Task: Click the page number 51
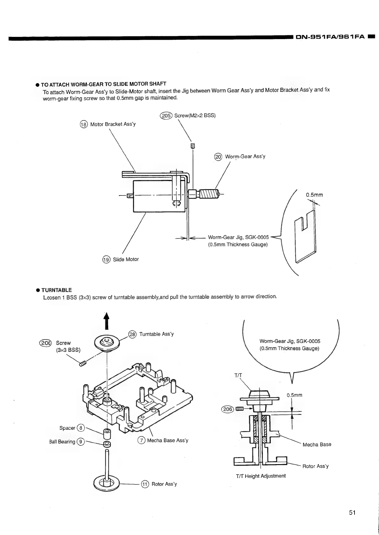[352, 512]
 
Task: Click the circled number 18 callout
[84, 124]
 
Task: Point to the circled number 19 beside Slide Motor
[106, 259]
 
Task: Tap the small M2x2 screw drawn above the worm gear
[192, 146]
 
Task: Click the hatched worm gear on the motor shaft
[208, 193]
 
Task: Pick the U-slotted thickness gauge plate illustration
[306, 237]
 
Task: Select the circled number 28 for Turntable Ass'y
[132, 334]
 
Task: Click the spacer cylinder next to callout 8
[107, 433]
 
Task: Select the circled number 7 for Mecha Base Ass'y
[141, 440]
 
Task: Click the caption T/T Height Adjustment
[261, 476]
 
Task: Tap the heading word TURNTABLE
[57, 290]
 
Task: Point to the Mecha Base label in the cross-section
[317, 444]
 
